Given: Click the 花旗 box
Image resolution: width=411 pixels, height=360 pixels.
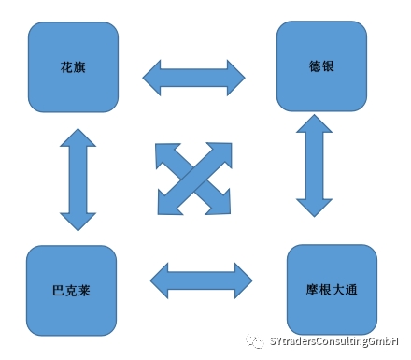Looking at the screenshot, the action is pos(74,66).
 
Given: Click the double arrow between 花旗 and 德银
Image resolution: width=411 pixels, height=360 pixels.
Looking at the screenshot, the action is pos(193,76).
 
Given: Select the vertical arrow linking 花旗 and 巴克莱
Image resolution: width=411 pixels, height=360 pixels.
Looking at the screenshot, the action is pos(78,178).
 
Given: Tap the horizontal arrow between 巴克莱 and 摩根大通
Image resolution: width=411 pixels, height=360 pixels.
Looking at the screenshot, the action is pos(201,278).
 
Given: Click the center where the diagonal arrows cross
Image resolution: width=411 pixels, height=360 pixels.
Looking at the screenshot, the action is pos(194,178).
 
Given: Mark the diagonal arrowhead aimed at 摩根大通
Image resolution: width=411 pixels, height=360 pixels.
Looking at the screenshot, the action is pos(224,204).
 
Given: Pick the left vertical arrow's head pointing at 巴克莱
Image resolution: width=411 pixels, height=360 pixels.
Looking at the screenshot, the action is pos(78,221).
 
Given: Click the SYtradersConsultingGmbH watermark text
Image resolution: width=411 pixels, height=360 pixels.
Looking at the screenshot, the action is pos(333,342).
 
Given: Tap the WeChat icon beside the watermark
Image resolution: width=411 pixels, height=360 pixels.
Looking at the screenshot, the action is pos(255,342).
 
